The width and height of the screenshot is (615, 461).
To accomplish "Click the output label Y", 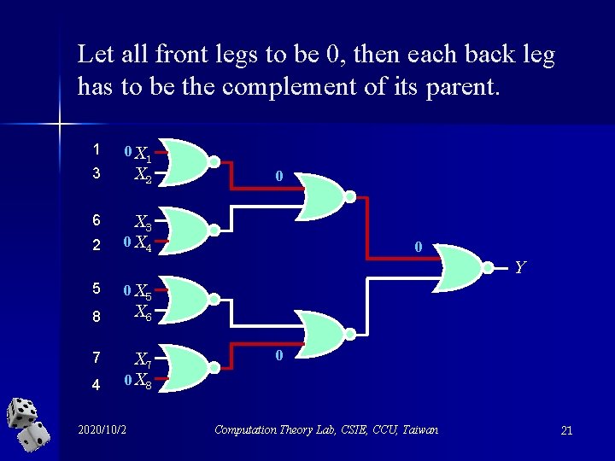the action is click(x=519, y=267).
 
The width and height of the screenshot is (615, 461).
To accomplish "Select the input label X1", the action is click(x=143, y=155).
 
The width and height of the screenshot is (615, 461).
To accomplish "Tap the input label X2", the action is click(x=143, y=176).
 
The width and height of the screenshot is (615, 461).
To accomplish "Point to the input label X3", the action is click(x=143, y=225).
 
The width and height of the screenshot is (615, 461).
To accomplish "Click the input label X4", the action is click(x=143, y=245).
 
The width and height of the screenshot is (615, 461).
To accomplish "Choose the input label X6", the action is click(x=143, y=313).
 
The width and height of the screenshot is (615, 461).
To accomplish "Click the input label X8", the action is click(x=143, y=382).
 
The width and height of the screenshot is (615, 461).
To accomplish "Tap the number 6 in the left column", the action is click(x=97, y=219).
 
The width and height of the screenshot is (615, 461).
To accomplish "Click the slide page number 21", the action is click(x=566, y=430).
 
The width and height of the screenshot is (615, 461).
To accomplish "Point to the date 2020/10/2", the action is click(x=102, y=429).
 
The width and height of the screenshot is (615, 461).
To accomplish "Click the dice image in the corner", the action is click(x=28, y=424).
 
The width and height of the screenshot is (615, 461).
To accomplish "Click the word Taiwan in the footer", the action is click(x=419, y=429).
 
